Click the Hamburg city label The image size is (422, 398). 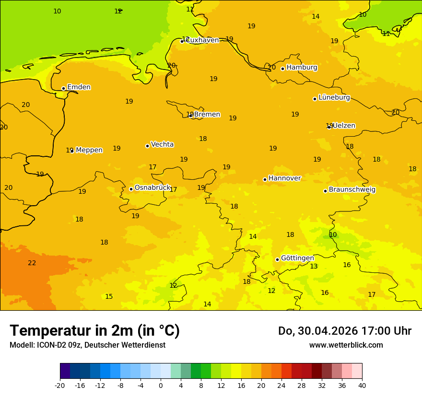click(302, 68)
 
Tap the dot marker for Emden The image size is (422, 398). click(63, 88)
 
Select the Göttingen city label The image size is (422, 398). click(297, 258)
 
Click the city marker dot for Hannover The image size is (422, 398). click(265, 179)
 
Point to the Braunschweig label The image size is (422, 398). click(352, 189)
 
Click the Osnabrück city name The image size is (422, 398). click(152, 187)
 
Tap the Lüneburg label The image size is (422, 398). click(334, 97)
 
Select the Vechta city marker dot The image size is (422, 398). click(147, 146)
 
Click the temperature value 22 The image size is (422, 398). click(32, 263)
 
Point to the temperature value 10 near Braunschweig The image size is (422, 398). click(333, 234)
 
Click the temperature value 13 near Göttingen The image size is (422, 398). click(314, 266)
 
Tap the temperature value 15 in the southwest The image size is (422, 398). click(109, 296)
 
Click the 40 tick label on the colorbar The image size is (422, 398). click(362, 385)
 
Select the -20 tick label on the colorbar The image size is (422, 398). click(60, 385)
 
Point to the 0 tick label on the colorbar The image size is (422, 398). click(161, 385)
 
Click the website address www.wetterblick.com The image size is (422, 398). click(346, 345)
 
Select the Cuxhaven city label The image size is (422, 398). click(202, 40)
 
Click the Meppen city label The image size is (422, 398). click(89, 150)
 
